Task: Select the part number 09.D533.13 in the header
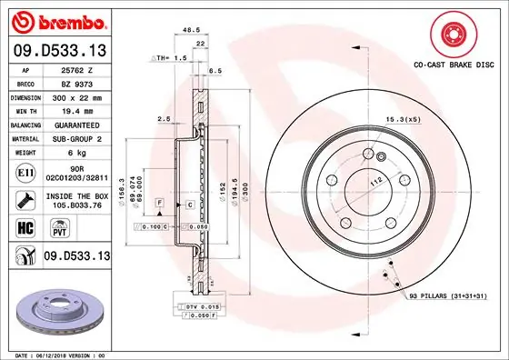pos(57,51)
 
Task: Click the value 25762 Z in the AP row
pos(76,69)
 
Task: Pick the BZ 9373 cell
pos(76,83)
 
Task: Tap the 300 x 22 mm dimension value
pos(76,96)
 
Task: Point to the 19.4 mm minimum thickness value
pos(76,110)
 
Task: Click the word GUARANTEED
pos(76,124)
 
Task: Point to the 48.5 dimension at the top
pos(191,30)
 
